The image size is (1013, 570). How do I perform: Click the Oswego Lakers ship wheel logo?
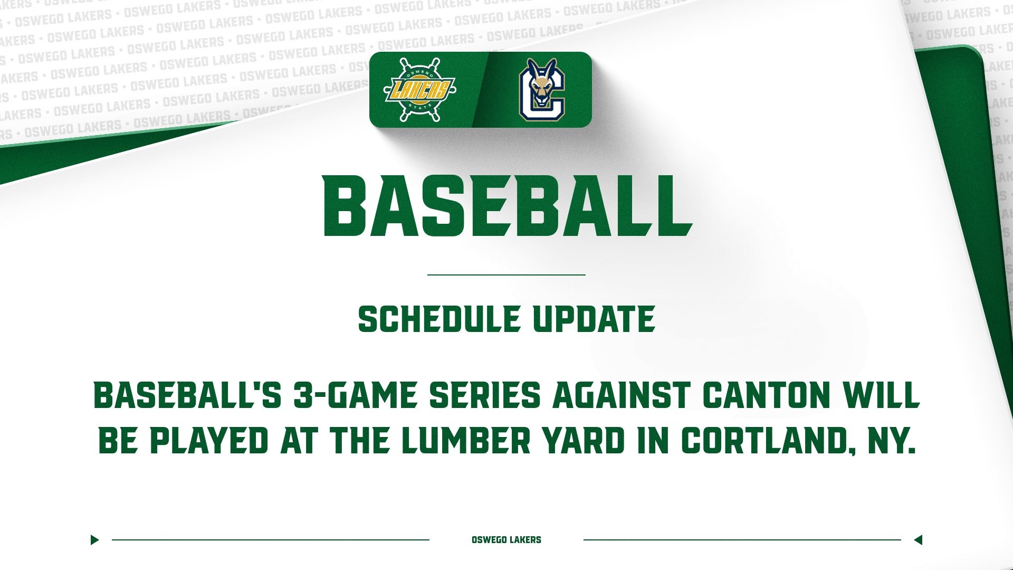(419, 89)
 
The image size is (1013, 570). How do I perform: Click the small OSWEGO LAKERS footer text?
(506, 540)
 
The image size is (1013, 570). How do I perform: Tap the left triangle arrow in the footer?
(94, 540)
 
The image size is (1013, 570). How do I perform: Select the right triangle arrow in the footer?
(918, 540)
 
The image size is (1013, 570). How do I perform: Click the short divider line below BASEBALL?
(506, 274)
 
